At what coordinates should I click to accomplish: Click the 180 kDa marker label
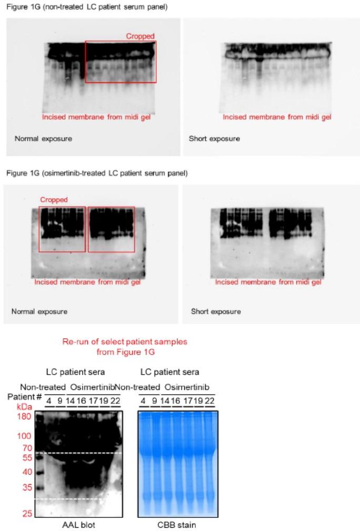click(24, 417)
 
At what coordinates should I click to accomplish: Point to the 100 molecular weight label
click(24, 436)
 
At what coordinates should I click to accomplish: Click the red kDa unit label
click(24, 407)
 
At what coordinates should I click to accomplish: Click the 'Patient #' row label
click(24, 396)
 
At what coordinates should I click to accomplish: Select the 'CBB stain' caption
click(178, 525)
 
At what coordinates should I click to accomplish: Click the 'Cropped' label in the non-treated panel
click(140, 36)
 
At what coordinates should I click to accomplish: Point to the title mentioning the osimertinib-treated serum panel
click(96, 173)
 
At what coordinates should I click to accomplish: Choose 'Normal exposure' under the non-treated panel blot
click(43, 139)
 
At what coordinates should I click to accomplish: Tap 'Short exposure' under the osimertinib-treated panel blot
click(215, 311)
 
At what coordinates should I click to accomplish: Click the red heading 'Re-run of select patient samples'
click(125, 341)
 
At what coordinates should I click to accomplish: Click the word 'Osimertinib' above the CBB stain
click(188, 387)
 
